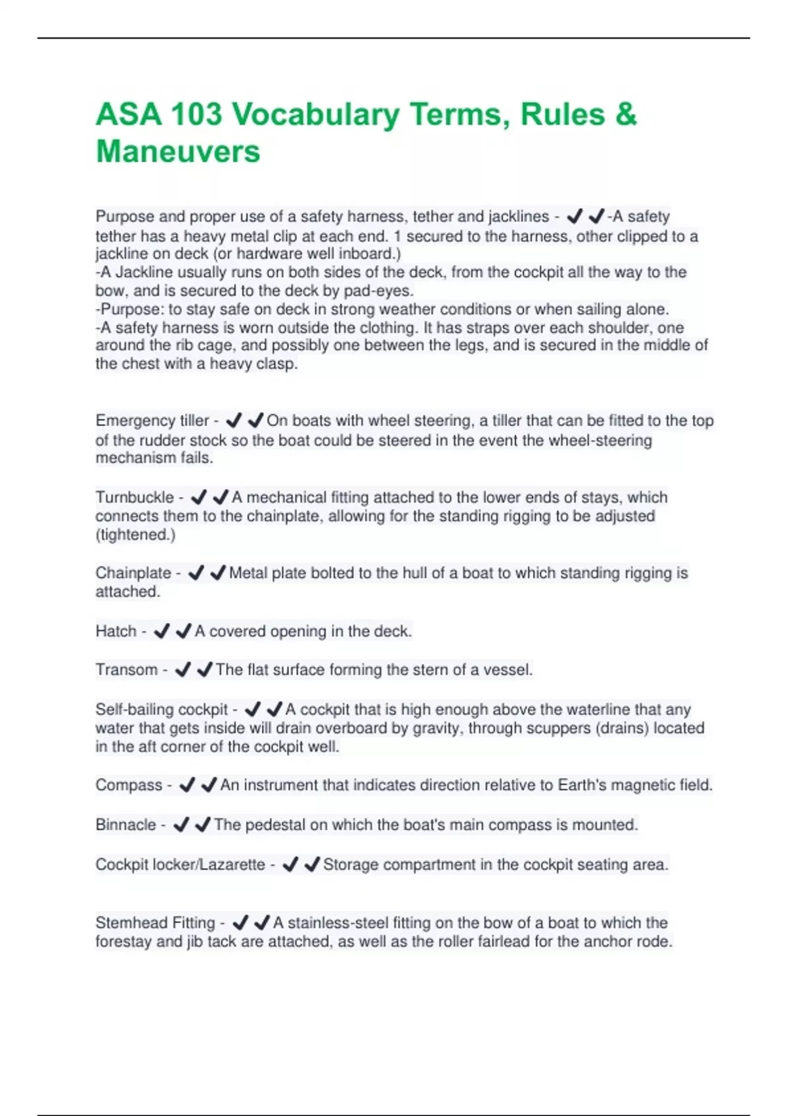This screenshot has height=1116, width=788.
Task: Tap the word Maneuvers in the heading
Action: (x=178, y=152)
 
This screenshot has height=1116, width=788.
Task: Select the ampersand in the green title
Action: (x=626, y=114)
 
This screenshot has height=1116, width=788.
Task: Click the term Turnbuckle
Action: (x=135, y=498)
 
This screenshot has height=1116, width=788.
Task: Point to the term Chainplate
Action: (x=133, y=573)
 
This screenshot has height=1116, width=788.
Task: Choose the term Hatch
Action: (x=116, y=632)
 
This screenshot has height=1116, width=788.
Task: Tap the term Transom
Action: (x=127, y=670)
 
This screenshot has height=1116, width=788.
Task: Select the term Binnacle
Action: (x=126, y=825)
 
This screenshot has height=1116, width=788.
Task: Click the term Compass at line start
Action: (x=129, y=785)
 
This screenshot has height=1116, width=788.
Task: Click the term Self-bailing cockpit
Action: (x=162, y=710)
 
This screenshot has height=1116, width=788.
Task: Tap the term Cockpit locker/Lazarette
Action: (x=180, y=865)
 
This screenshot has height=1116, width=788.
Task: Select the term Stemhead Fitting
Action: (x=155, y=923)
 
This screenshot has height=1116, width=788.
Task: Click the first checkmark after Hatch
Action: (x=161, y=632)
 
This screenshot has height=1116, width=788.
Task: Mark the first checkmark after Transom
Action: (x=183, y=670)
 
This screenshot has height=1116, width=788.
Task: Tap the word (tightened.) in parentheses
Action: (x=136, y=535)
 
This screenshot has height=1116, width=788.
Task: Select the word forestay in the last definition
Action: (x=124, y=942)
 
